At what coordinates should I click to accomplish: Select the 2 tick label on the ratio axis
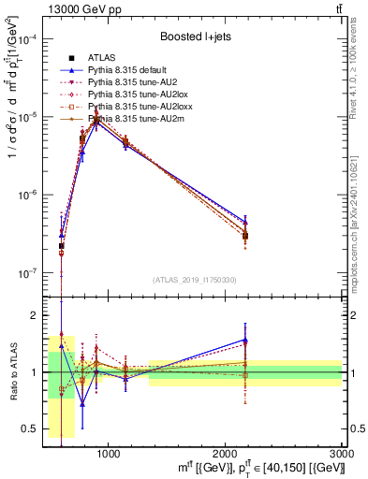pyautogui.click(x=37, y=315)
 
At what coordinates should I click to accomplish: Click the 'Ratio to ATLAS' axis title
pyautogui.click(x=11, y=371)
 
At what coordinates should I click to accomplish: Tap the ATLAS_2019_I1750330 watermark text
pyautogui.click(x=195, y=280)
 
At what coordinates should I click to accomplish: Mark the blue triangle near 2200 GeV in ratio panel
pyautogui.click(x=245, y=341)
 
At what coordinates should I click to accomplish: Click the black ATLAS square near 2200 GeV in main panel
pyautogui.click(x=245, y=236)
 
